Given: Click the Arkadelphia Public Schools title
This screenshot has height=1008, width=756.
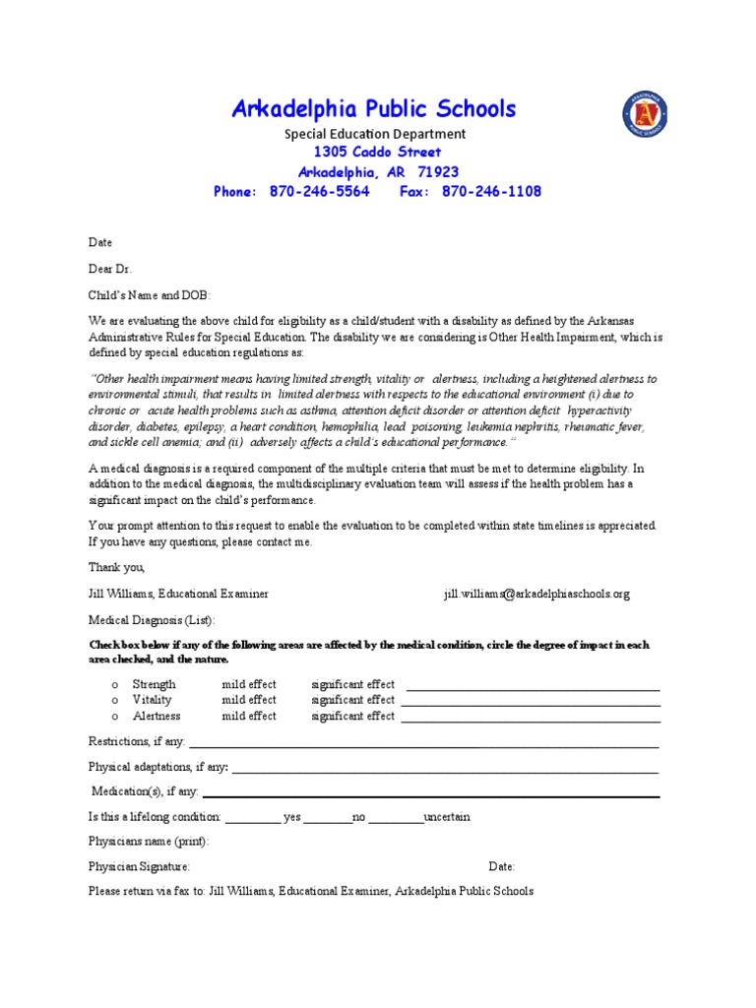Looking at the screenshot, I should tap(373, 109).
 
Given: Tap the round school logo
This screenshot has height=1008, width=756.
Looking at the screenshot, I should tap(645, 113).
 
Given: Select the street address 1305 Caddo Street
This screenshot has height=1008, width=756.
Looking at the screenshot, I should tap(377, 153).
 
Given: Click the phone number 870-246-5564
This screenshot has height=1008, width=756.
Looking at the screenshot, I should tap(319, 192).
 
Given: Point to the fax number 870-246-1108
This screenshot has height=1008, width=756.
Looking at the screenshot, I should tap(492, 192).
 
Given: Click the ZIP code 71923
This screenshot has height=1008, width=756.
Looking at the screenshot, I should tap(438, 172).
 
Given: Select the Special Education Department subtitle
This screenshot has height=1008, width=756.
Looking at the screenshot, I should tap(375, 134).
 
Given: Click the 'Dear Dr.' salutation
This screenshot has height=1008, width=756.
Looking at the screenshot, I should tap(109, 268).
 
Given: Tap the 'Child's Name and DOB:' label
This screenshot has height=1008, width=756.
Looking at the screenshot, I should tap(150, 294).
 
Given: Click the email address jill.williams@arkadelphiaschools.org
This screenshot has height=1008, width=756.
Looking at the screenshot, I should tap(536, 595).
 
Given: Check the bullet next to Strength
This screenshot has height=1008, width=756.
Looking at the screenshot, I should tap(115, 685).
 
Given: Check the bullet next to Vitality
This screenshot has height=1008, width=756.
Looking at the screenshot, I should tap(115, 701).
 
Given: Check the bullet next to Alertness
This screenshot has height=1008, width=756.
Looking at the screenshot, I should tap(115, 717).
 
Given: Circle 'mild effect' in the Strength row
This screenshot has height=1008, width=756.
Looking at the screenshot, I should tap(249, 685).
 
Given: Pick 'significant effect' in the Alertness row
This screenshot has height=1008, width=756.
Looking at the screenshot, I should tap(352, 717).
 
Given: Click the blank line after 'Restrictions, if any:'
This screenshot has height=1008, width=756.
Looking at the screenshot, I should tap(423, 744).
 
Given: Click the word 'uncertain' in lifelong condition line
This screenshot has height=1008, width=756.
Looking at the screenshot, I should tap(447, 817).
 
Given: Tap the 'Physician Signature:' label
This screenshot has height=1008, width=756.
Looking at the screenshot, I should tap(139, 867).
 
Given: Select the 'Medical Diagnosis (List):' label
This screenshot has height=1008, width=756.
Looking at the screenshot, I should tap(151, 621).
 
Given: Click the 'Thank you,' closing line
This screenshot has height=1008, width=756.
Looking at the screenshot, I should tap(116, 568).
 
